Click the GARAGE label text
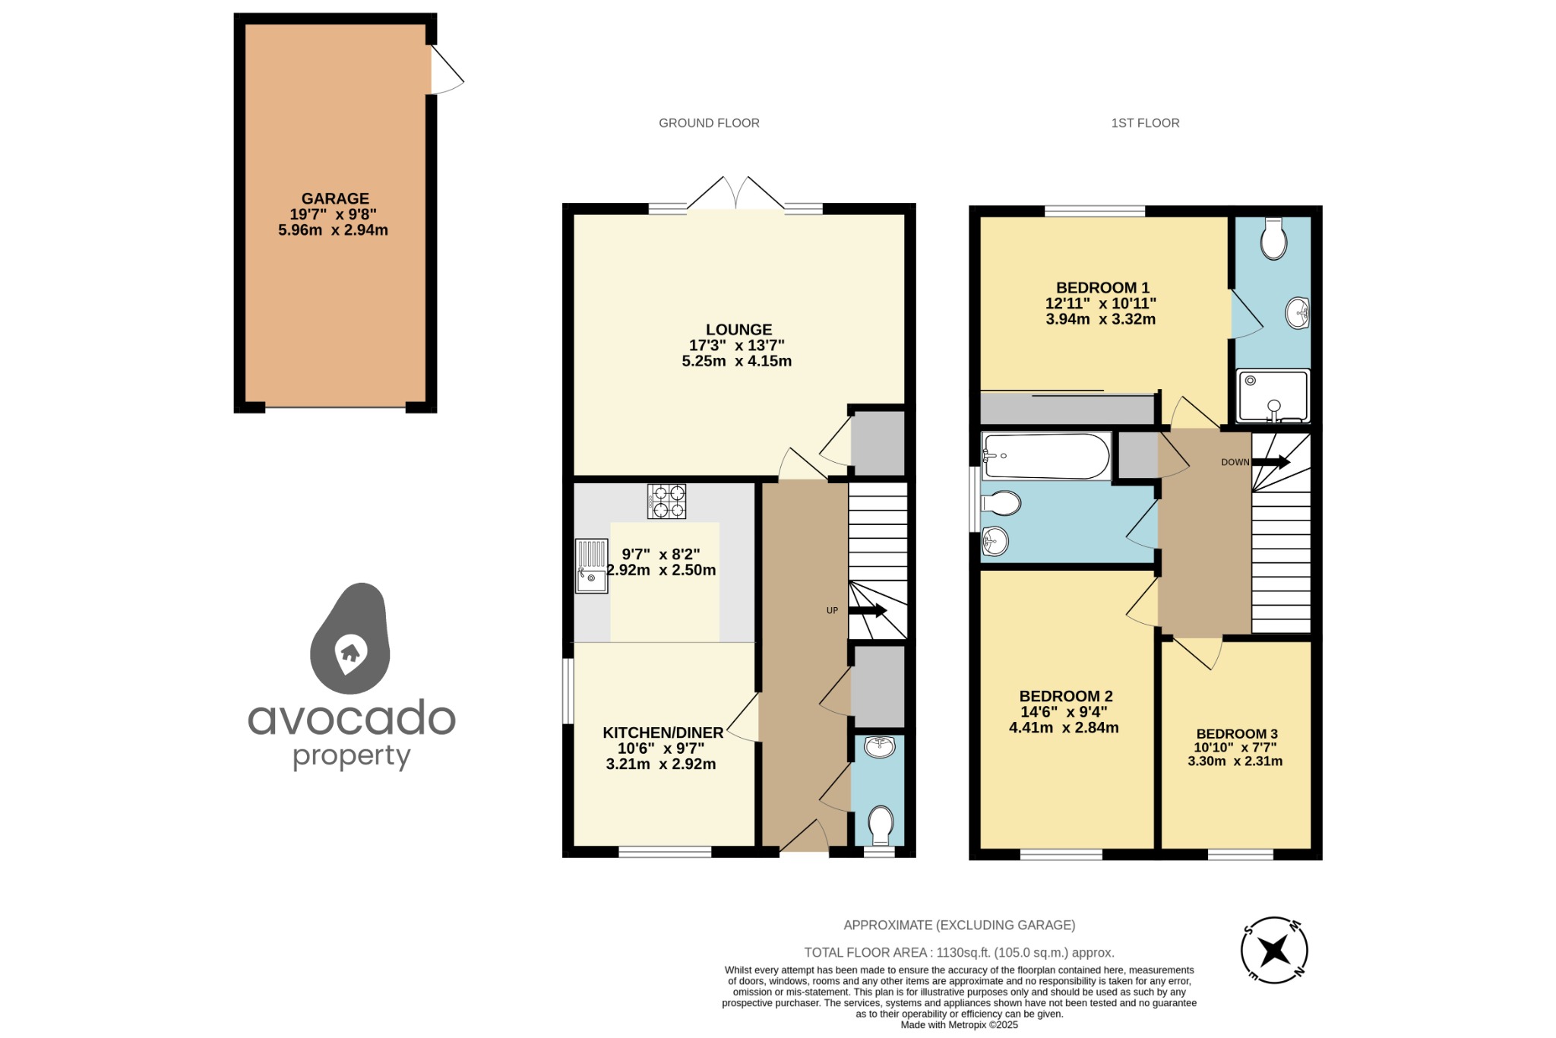click(x=335, y=198)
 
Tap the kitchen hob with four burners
click(x=666, y=502)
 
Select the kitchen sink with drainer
click(x=591, y=566)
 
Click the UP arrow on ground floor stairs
click(x=868, y=610)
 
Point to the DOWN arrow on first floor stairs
click(x=1271, y=461)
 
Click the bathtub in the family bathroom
click(x=1045, y=456)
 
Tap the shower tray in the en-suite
click(x=1273, y=396)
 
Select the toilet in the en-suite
click(x=1273, y=239)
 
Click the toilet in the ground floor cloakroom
click(x=880, y=824)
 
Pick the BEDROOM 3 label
click(x=1237, y=733)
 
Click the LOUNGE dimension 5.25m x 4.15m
click(x=736, y=362)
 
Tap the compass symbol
click(x=1274, y=950)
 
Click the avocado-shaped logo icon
click(x=350, y=640)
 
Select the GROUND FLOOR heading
click(x=709, y=123)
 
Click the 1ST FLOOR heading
click(x=1145, y=123)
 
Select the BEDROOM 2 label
click(x=1065, y=696)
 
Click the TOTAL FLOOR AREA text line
click(x=959, y=952)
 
